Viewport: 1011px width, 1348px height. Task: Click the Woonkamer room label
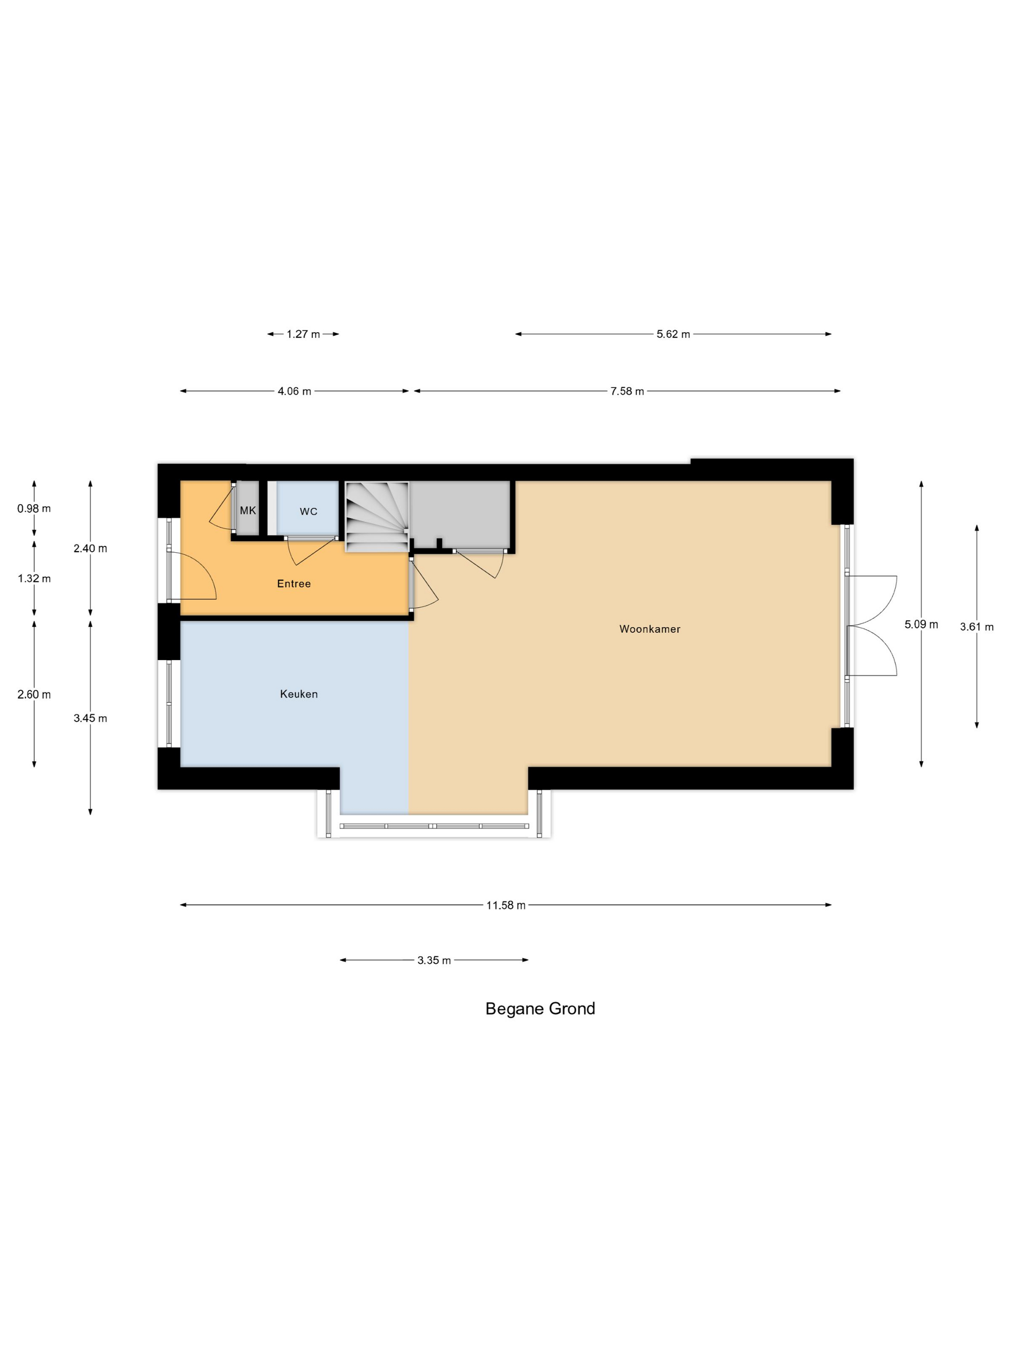click(649, 629)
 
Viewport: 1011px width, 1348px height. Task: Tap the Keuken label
click(298, 694)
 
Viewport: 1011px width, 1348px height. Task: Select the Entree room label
click(294, 583)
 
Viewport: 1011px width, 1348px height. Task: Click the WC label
click(309, 511)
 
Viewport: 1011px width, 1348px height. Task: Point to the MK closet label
click(248, 511)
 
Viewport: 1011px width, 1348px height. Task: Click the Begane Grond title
click(540, 1009)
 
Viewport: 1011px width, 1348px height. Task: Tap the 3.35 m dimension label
click(434, 960)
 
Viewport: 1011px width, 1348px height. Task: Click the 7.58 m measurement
click(627, 391)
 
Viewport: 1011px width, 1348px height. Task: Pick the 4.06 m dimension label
click(294, 391)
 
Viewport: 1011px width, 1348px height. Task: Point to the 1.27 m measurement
click(303, 334)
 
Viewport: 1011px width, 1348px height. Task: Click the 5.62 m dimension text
click(674, 334)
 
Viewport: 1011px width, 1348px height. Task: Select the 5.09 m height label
click(921, 624)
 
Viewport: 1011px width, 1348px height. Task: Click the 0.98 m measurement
click(34, 508)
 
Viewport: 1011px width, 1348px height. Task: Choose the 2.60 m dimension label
click(34, 694)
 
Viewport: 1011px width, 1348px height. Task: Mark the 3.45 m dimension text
click(90, 718)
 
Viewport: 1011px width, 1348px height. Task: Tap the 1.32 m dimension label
click(34, 578)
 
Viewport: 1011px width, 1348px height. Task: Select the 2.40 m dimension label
click(90, 548)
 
